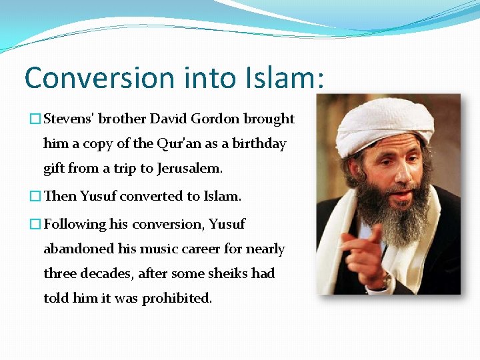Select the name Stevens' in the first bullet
pyautogui.click(x=71, y=119)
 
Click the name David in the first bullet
pyautogui.click(x=169, y=119)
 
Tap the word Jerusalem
pyautogui.click(x=190, y=168)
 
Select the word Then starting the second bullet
pyautogui.click(x=60, y=196)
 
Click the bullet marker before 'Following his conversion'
pyautogui.click(x=35, y=225)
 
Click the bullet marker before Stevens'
pyautogui.click(x=35, y=119)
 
